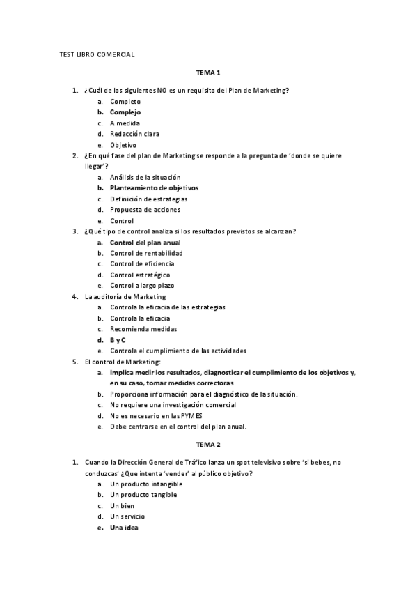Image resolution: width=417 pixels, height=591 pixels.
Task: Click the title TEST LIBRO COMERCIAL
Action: (96, 54)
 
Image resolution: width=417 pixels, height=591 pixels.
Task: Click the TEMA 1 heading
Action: (208, 72)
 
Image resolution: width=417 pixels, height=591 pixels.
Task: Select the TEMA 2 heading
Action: (208, 444)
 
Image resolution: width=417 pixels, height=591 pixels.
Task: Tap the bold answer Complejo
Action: (125, 112)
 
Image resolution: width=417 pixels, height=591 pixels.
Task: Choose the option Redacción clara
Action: (134, 134)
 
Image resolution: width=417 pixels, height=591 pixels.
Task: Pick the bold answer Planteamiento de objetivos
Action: (154, 188)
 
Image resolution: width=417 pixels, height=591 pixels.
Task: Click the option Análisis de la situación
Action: (145, 177)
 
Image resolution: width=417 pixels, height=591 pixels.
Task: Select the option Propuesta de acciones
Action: (145, 210)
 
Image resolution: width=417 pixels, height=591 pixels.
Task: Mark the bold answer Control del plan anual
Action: (145, 243)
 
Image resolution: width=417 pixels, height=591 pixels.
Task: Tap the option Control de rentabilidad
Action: (146, 253)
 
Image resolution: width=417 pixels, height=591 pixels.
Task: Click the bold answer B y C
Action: (118, 339)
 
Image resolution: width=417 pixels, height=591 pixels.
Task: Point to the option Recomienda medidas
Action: (143, 329)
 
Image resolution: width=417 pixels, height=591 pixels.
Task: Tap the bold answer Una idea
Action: (124, 528)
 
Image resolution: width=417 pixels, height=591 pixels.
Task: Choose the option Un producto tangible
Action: (143, 495)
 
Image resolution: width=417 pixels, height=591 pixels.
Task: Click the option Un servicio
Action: (128, 516)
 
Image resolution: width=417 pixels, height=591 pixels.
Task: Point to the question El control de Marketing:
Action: (123, 362)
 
